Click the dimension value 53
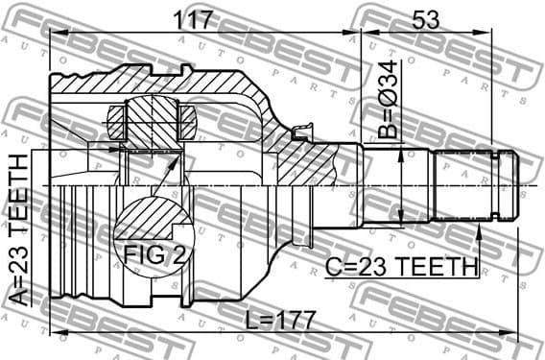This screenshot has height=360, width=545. pos(428,19)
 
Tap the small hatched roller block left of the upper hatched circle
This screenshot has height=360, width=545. pos(116,123)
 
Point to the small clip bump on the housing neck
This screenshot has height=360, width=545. pos(305,129)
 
